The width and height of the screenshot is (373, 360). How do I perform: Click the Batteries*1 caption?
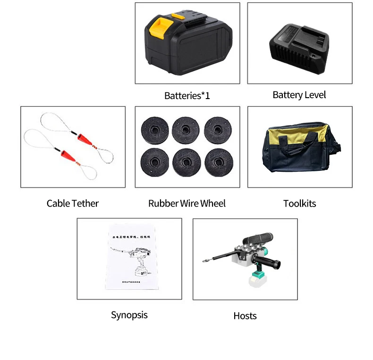point(187,96)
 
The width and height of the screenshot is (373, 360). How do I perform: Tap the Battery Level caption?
point(299,95)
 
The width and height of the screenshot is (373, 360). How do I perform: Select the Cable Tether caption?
point(73,203)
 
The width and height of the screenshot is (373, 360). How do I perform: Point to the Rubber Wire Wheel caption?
point(187,203)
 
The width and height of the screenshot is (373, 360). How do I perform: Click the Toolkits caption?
point(299,204)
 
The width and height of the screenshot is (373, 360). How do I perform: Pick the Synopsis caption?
point(129,315)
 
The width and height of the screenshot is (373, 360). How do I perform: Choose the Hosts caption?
point(245,316)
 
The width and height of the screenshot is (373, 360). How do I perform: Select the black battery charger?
point(299,46)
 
